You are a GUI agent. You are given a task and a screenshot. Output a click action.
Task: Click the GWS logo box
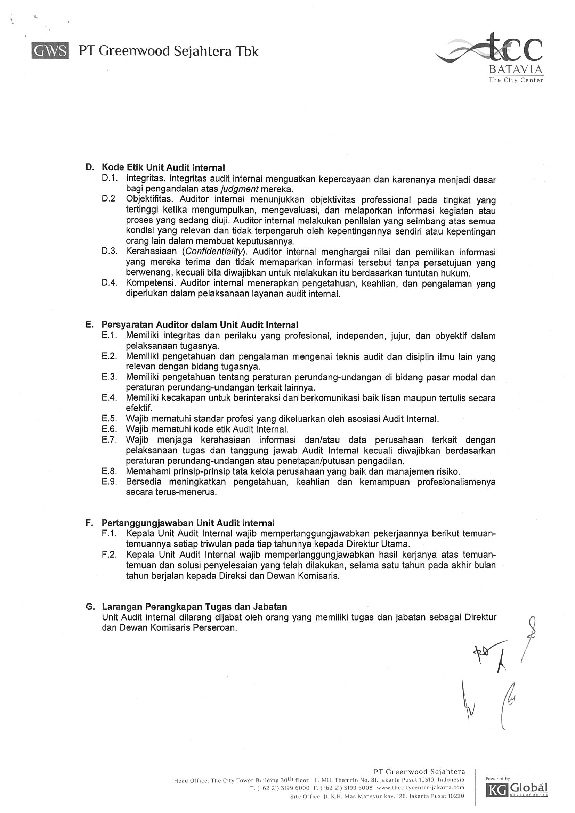(x=50, y=51)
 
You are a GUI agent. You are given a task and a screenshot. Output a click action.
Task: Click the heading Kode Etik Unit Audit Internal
(x=163, y=167)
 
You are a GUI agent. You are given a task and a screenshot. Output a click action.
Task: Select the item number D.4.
(x=109, y=283)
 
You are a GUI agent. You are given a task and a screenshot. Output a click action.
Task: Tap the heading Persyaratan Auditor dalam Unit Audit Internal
(x=200, y=325)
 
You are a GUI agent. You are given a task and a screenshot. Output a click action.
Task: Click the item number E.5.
(x=109, y=419)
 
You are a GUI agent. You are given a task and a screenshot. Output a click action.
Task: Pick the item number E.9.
(x=109, y=482)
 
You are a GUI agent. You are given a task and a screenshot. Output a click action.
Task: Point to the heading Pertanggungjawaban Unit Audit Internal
(x=188, y=523)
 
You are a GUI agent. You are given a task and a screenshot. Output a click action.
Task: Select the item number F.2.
(x=109, y=555)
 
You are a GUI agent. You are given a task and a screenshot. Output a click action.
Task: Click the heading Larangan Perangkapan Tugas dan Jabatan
(x=194, y=607)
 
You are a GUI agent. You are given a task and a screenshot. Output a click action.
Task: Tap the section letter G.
(x=90, y=607)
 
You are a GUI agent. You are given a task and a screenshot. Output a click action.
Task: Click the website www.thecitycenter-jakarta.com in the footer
(x=420, y=788)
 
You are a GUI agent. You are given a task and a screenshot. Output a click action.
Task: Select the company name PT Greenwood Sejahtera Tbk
(x=169, y=51)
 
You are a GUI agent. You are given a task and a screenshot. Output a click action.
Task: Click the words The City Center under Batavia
(x=516, y=80)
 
